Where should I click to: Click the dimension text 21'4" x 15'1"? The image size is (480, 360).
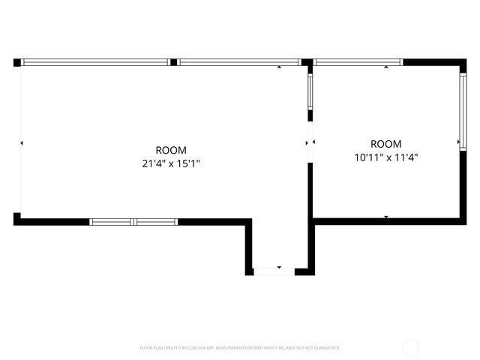pyautogui.click(x=171, y=163)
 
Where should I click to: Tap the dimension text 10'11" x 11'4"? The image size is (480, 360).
pyautogui.click(x=385, y=157)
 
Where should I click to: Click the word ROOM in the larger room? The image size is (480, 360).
pyautogui.click(x=171, y=150)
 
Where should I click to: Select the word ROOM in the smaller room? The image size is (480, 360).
pyautogui.click(x=386, y=144)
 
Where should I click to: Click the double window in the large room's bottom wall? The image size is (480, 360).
pyautogui.click(x=133, y=222)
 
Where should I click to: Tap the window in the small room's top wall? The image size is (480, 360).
pyautogui.click(x=358, y=62)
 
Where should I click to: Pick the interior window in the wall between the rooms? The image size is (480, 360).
pyautogui.click(x=310, y=91)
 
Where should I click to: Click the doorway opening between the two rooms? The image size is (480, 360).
pyautogui.click(x=310, y=142)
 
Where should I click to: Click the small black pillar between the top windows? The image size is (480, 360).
pyautogui.click(x=173, y=62)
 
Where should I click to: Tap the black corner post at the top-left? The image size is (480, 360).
pyautogui.click(x=17, y=62)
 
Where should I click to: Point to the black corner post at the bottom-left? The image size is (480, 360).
pyautogui.click(x=17, y=218)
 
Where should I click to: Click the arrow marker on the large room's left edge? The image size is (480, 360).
pyautogui.click(x=22, y=142)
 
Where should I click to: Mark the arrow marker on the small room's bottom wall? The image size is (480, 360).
pyautogui.click(x=386, y=217)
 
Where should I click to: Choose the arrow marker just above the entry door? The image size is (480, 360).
pyautogui.click(x=279, y=266)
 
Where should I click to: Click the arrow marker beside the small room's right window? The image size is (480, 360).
pyautogui.click(x=459, y=142)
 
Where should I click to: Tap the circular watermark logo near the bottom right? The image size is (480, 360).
pyautogui.click(x=410, y=347)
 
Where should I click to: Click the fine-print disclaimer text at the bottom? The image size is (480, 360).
pyautogui.click(x=240, y=348)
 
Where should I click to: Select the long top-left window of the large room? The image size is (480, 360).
pyautogui.click(x=95, y=62)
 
